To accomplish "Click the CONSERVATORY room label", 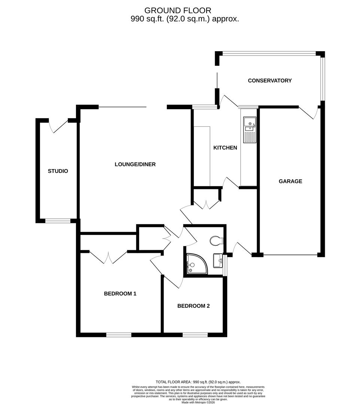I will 269,80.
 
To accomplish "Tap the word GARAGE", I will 290,181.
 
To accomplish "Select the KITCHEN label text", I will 225,148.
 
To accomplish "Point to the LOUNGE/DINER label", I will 135,164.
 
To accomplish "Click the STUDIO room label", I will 58,171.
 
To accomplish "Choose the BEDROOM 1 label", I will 120,294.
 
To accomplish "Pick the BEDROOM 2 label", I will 193,306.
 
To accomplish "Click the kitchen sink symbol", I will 249,129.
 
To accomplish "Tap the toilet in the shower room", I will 217,241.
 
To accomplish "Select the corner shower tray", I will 196,263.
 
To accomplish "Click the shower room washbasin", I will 218,260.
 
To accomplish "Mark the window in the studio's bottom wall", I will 58,221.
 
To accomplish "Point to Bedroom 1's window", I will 119,335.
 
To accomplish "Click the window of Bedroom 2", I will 195,335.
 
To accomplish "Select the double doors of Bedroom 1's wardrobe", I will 108,258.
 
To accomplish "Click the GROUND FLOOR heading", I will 177,10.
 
